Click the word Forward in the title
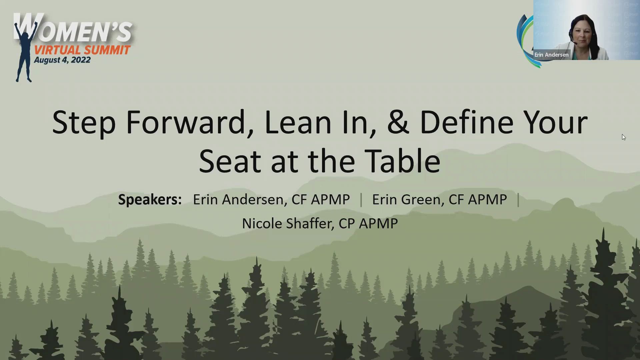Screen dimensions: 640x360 coord(190,122)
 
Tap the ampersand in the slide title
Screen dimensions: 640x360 coord(398,122)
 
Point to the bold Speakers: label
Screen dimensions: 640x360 coord(150,199)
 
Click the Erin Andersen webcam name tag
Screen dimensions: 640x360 coord(552,55)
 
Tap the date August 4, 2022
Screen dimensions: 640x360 coord(62,60)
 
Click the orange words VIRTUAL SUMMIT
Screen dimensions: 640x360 coord(82,50)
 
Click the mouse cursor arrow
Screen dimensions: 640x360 coord(624,137)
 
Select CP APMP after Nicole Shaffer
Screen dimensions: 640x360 coord(368,223)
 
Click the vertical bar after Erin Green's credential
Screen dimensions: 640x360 coord(518,200)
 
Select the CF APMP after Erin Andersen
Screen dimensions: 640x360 coord(321,199)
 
